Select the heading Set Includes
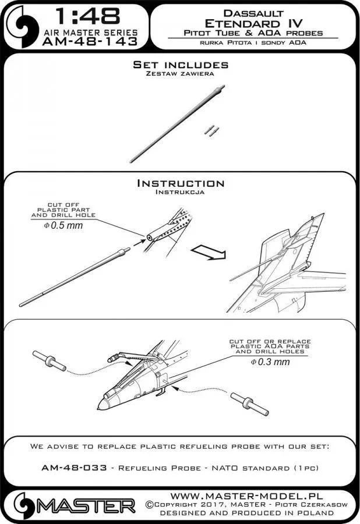point(181,65)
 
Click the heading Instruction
point(180,183)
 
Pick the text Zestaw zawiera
point(180,74)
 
